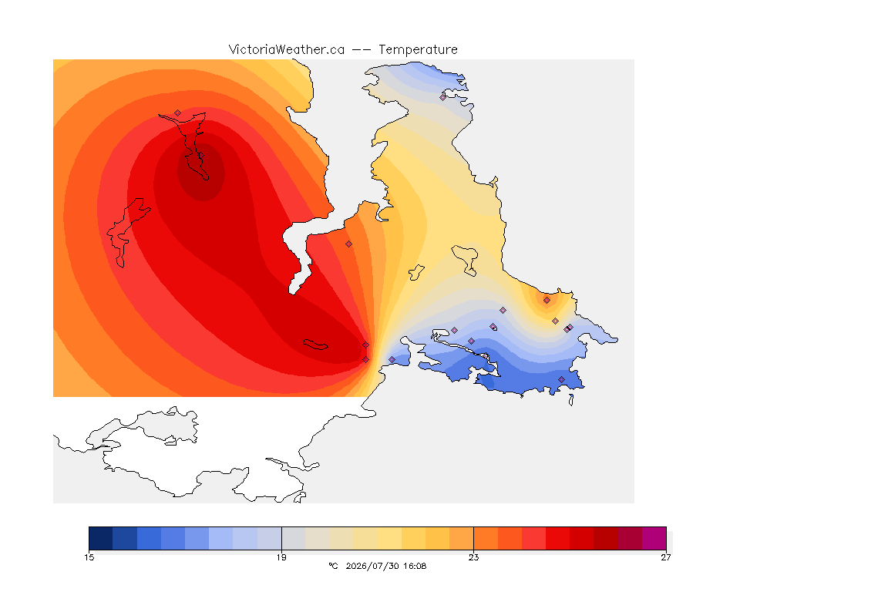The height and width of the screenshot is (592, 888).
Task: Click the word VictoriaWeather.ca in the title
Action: pos(287,50)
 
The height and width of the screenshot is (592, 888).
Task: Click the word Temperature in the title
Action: pos(418,50)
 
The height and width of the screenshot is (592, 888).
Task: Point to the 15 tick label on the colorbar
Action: pos(89,557)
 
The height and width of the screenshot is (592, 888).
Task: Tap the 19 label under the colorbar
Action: pos(281,557)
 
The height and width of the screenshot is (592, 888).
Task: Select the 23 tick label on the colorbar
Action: pos(473,557)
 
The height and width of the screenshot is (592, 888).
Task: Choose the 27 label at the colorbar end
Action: pos(666,557)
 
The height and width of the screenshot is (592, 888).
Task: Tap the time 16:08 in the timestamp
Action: pos(415,566)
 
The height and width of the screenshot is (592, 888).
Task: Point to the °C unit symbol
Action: pos(333,566)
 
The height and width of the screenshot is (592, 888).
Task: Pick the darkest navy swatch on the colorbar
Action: pos(101,538)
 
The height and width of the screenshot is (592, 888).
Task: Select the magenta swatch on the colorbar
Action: pos(654,538)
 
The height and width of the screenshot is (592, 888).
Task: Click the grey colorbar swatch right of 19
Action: pos(294,538)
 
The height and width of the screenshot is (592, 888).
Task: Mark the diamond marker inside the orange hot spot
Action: pos(547,301)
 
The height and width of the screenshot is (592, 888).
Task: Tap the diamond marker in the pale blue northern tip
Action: pos(443,97)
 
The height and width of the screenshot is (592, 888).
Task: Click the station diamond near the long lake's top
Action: pos(178,113)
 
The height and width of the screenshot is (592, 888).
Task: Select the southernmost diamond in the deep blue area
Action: pos(561,379)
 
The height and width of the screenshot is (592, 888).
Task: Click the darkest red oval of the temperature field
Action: pos(201,172)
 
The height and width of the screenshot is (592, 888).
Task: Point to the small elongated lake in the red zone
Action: pos(315,345)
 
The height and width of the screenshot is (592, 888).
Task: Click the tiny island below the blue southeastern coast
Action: pos(571,400)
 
